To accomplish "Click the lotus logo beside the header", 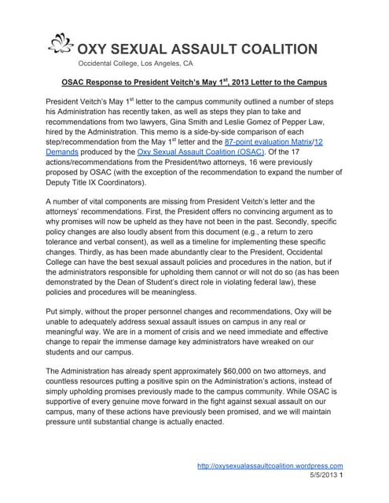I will (56, 46).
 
